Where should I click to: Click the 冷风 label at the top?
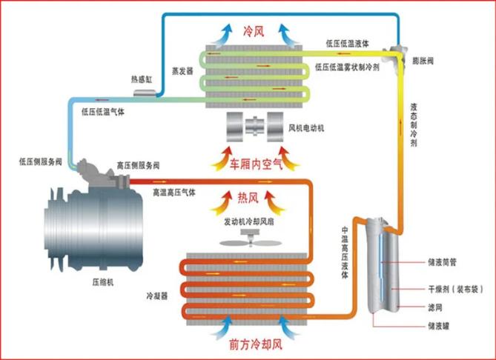tap(254, 31)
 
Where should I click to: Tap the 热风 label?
tap(248, 199)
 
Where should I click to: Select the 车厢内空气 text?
tap(256, 164)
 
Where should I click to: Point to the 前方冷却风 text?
tap(256, 344)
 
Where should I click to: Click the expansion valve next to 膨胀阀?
tap(396, 53)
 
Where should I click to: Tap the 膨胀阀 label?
tap(423, 61)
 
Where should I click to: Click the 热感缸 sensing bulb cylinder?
tap(145, 93)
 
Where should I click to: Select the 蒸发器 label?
tap(182, 71)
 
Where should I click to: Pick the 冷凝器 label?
tap(157, 296)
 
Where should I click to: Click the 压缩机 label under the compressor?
tap(103, 282)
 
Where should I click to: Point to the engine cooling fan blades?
tap(251, 243)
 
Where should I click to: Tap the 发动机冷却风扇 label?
tap(249, 222)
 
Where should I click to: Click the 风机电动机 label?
tap(306, 128)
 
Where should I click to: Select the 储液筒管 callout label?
tap(442, 262)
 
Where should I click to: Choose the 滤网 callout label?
tap(435, 307)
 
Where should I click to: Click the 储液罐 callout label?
tap(439, 325)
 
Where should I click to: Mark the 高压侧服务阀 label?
tap(138, 165)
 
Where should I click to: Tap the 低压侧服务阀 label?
tap(41, 161)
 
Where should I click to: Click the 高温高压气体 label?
tap(174, 192)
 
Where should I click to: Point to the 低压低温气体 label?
tap(103, 112)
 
